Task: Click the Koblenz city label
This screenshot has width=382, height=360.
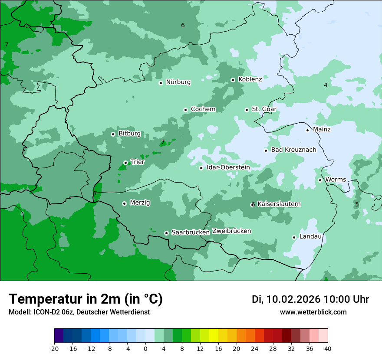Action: pyautogui.click(x=250, y=79)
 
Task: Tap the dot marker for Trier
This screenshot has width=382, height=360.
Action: pyautogui.click(x=125, y=163)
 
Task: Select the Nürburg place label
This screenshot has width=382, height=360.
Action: pyautogui.click(x=178, y=82)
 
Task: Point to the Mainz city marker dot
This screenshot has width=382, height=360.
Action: pyautogui.click(x=307, y=130)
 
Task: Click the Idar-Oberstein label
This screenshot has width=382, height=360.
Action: pyautogui.click(x=228, y=167)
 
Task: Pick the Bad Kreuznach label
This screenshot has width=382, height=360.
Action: pyautogui.click(x=293, y=150)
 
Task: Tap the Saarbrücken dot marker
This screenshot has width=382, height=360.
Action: pyautogui.click(x=166, y=233)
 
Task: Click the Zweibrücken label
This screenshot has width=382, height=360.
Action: pyautogui.click(x=231, y=231)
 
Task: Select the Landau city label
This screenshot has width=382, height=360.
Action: pyautogui.click(x=310, y=236)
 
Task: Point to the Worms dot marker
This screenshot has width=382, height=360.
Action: pyautogui.click(x=320, y=180)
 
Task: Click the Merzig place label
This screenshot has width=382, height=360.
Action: pyautogui.click(x=140, y=203)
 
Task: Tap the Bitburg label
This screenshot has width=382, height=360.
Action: pyautogui.click(x=129, y=134)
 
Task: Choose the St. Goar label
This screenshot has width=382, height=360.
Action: pyautogui.click(x=264, y=109)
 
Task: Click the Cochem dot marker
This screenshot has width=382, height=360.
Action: pyautogui.click(x=185, y=110)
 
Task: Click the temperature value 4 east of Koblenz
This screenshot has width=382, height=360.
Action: pyautogui.click(x=326, y=85)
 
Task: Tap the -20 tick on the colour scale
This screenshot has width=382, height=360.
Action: pyautogui.click(x=54, y=348)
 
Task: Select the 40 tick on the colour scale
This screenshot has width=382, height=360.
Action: pyautogui.click(x=328, y=348)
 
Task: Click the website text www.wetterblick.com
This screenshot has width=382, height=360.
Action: pyautogui.click(x=313, y=312)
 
